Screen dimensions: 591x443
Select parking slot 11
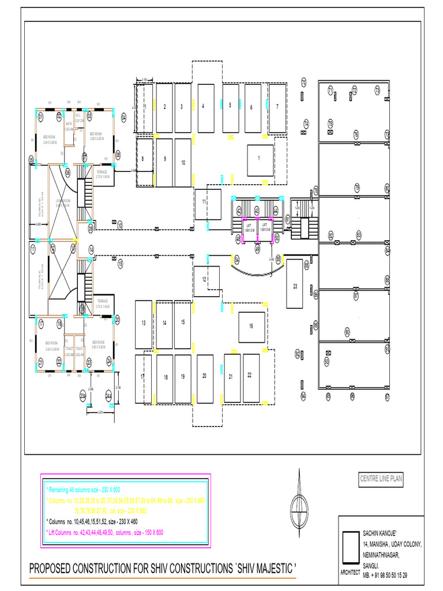click(x=207, y=204)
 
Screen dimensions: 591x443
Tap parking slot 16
click(x=251, y=327)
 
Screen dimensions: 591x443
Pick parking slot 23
click(x=295, y=286)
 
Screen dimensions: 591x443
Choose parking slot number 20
click(x=205, y=377)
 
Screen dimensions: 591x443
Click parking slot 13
click(x=143, y=323)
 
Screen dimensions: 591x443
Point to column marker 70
click(x=303, y=82)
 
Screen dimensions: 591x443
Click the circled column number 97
click(x=388, y=397)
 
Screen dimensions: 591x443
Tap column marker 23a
click(x=83, y=396)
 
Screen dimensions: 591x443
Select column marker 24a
click(x=109, y=396)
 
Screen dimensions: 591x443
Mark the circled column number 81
click(x=288, y=219)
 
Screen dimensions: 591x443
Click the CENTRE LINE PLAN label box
click(x=381, y=478)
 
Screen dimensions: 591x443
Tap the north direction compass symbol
click(x=299, y=498)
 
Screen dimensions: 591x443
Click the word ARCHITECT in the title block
click(x=350, y=572)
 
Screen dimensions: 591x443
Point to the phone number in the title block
click(x=385, y=575)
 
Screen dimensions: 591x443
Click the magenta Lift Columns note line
click(x=105, y=533)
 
